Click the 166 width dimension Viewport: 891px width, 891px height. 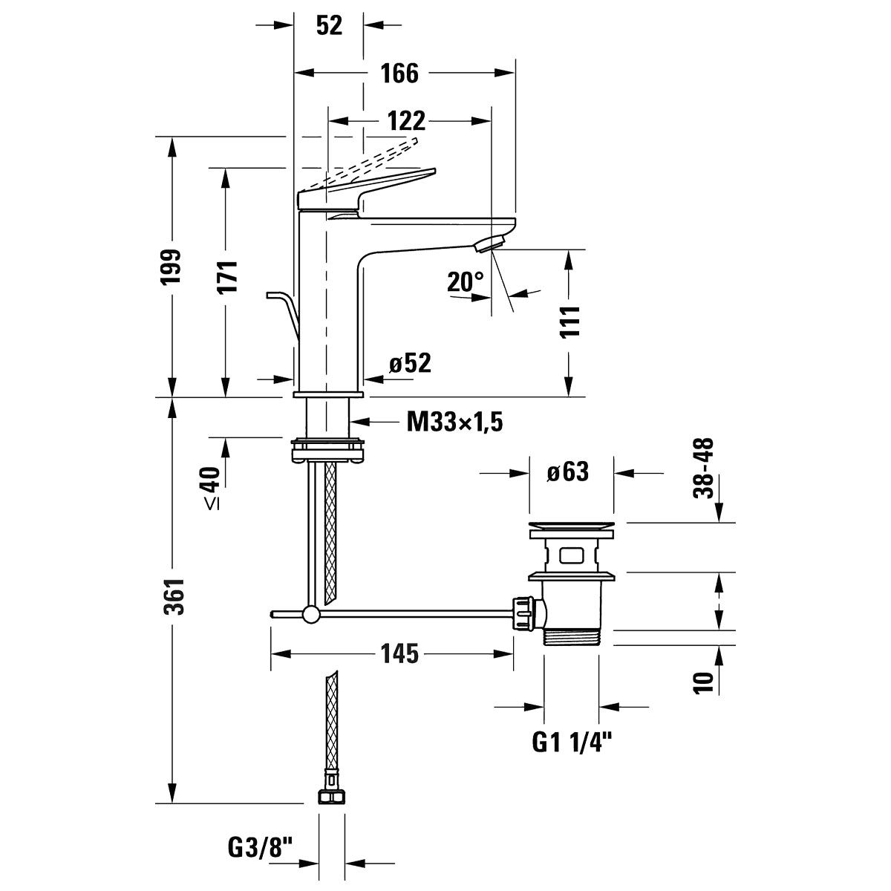click(399, 73)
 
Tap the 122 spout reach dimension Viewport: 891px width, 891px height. click(406, 121)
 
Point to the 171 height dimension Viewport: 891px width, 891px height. click(226, 276)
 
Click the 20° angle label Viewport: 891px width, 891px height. click(465, 281)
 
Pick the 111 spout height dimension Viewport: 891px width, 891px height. click(569, 322)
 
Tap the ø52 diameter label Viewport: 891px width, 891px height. click(410, 363)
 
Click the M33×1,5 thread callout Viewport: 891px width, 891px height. click(454, 422)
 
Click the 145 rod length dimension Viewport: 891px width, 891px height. click(399, 654)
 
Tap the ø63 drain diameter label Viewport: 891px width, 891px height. click(568, 472)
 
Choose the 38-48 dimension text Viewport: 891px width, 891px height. click(703, 468)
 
